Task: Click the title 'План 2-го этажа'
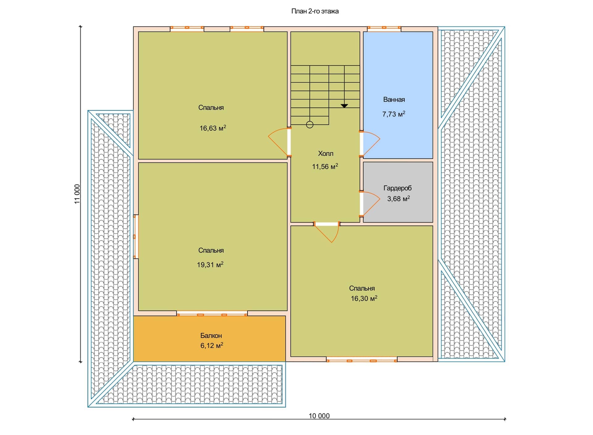point(315,11)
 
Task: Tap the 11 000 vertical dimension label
point(77,194)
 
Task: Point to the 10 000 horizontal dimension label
point(319,416)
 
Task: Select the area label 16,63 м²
point(212,128)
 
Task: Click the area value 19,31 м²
point(210,264)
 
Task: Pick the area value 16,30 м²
point(364,298)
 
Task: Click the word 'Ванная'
point(394,99)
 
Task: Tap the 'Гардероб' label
point(397,188)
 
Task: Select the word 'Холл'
point(326,154)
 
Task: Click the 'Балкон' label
point(211,336)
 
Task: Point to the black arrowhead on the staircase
point(344,106)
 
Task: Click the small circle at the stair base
point(310,125)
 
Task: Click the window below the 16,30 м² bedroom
point(362,360)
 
